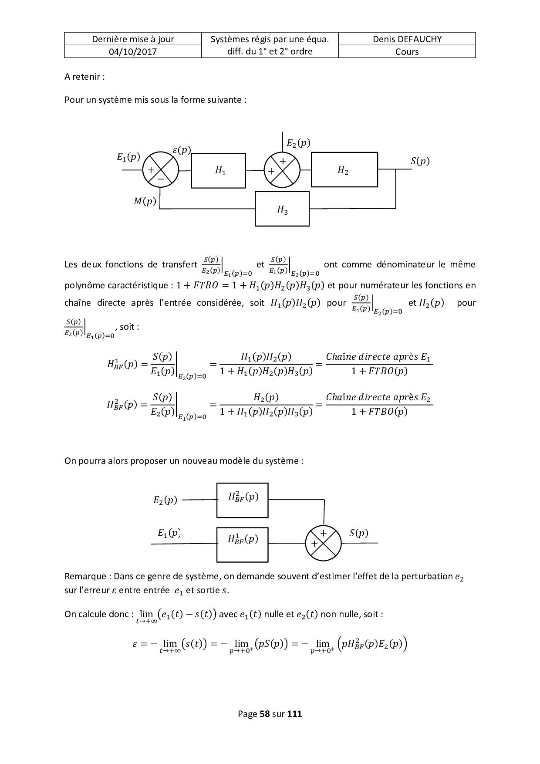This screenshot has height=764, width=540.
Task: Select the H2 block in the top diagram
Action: (x=344, y=169)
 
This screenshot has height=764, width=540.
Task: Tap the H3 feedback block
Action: (x=282, y=209)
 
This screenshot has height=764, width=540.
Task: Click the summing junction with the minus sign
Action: (x=161, y=170)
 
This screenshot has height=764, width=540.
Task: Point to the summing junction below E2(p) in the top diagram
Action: (x=282, y=170)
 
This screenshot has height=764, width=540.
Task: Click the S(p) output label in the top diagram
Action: (x=420, y=161)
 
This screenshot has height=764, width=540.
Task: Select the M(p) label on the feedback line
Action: (x=145, y=201)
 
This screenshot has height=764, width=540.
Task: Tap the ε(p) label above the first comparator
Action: (x=182, y=150)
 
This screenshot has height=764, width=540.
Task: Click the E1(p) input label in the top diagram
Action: (x=128, y=156)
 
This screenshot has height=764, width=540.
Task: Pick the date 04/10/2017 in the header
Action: (x=133, y=52)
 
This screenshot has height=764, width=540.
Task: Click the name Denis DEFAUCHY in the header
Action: (x=407, y=39)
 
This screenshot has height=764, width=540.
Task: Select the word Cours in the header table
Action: (x=407, y=52)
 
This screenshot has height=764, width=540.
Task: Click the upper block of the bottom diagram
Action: (x=243, y=500)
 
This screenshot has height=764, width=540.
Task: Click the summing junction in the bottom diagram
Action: (x=323, y=543)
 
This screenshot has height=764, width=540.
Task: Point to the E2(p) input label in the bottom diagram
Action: (x=165, y=500)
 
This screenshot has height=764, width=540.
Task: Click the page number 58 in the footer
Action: (x=264, y=714)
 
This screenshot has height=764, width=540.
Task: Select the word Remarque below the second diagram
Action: (x=85, y=576)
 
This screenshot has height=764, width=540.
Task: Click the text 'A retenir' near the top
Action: (x=84, y=77)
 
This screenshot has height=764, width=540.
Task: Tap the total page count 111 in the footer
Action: (x=295, y=714)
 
